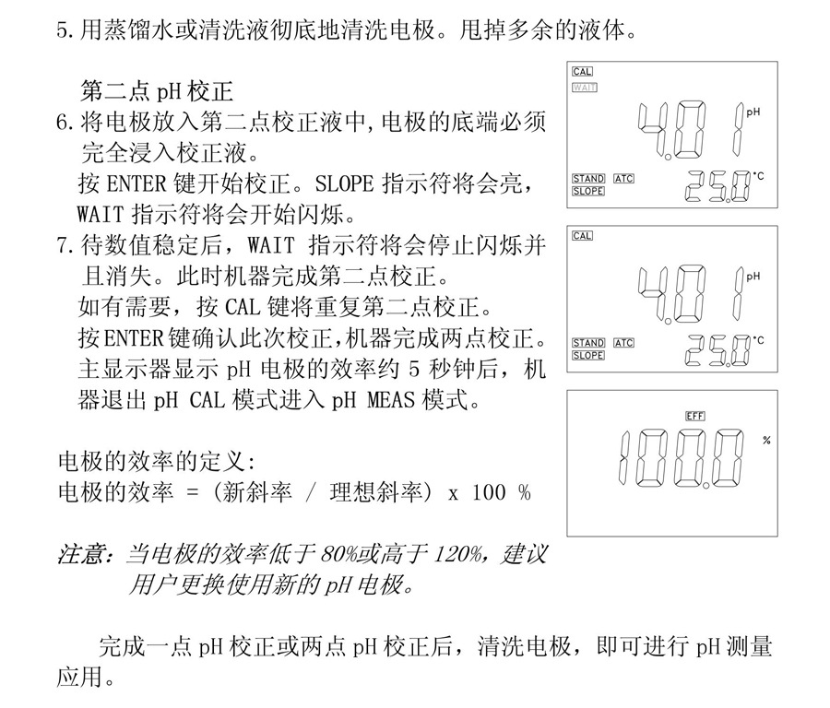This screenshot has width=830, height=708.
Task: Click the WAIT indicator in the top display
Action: pos(585,88)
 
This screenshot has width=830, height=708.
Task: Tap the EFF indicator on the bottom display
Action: pos(695,417)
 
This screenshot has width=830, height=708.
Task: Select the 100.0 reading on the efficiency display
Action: pos(682,459)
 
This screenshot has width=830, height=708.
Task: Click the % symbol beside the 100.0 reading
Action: pos(766,441)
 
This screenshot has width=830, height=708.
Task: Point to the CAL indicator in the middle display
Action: pos(582,236)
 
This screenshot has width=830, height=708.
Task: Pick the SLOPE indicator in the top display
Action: pos(588,191)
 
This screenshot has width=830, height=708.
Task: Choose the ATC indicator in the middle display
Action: pos(623,343)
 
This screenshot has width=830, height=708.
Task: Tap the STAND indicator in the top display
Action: pos(588,179)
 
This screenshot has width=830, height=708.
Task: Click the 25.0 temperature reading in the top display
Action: pos(717,186)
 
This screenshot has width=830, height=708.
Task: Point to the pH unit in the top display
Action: pos(753,112)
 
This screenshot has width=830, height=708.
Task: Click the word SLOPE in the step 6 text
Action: pos(345,183)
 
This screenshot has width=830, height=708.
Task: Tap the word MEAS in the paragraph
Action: pos(391,399)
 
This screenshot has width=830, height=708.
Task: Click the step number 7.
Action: pos(65,245)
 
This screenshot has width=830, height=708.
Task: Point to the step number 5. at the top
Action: pos(65,30)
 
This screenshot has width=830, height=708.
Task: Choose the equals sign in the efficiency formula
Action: pos(194,493)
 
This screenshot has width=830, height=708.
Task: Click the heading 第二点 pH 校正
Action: pos(157,91)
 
